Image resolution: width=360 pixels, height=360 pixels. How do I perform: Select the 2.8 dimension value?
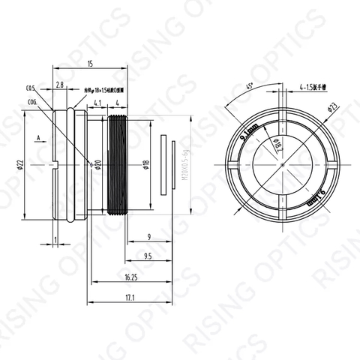[x=59, y=86]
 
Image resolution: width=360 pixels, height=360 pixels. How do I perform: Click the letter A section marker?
[x=37, y=138]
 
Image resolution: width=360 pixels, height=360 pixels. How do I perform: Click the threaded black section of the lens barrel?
[x=117, y=164]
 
